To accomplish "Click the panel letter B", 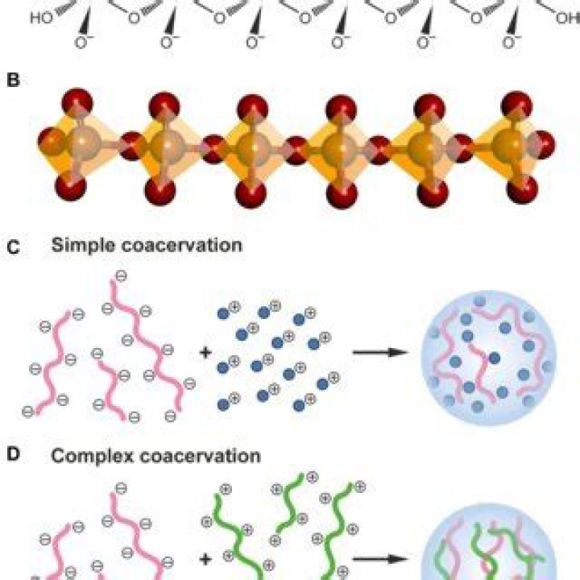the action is click(14, 80).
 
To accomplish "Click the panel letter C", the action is click(14, 247).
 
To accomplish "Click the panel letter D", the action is click(14, 454).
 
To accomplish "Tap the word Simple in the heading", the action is click(83, 246).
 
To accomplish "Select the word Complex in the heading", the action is click(92, 456).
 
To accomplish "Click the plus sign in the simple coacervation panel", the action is click(205, 352).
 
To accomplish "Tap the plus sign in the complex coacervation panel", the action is click(205, 559).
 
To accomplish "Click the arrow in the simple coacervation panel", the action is click(380, 353).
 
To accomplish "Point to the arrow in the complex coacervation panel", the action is click(380, 559).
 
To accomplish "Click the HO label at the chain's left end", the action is click(41, 18).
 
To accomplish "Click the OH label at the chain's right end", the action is click(568, 18).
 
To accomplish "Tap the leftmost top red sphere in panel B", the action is click(77, 103).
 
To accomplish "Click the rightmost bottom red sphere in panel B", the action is click(522, 188).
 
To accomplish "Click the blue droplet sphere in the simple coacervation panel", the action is click(489, 358).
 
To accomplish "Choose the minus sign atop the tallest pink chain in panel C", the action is click(122, 275).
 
